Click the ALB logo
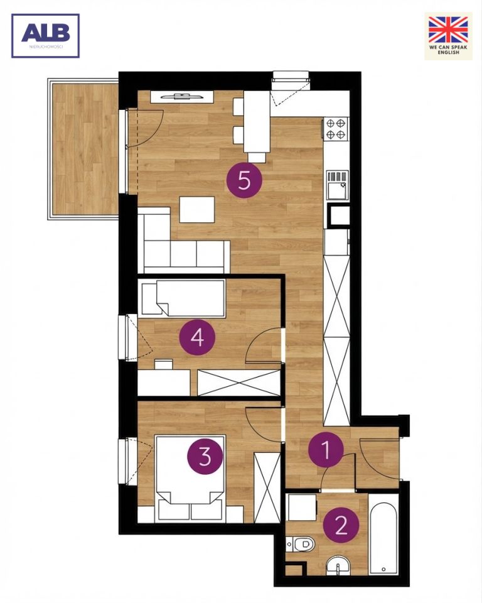[x=45, y=36]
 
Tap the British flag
[x=448, y=30]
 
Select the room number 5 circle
[x=244, y=180]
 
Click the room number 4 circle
[x=197, y=338]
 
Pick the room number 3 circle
[x=205, y=456]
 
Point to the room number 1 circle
[x=326, y=450]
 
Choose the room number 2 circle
[x=341, y=524]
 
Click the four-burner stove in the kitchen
[x=336, y=129]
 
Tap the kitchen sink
[x=338, y=185]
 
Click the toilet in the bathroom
[x=301, y=544]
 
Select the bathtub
[x=383, y=534]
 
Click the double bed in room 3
[x=190, y=479]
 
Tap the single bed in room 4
[x=183, y=298]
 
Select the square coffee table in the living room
[x=197, y=210]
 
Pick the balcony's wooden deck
[x=85, y=149]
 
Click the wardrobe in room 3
[x=267, y=487]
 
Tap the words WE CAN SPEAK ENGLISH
[x=448, y=50]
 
